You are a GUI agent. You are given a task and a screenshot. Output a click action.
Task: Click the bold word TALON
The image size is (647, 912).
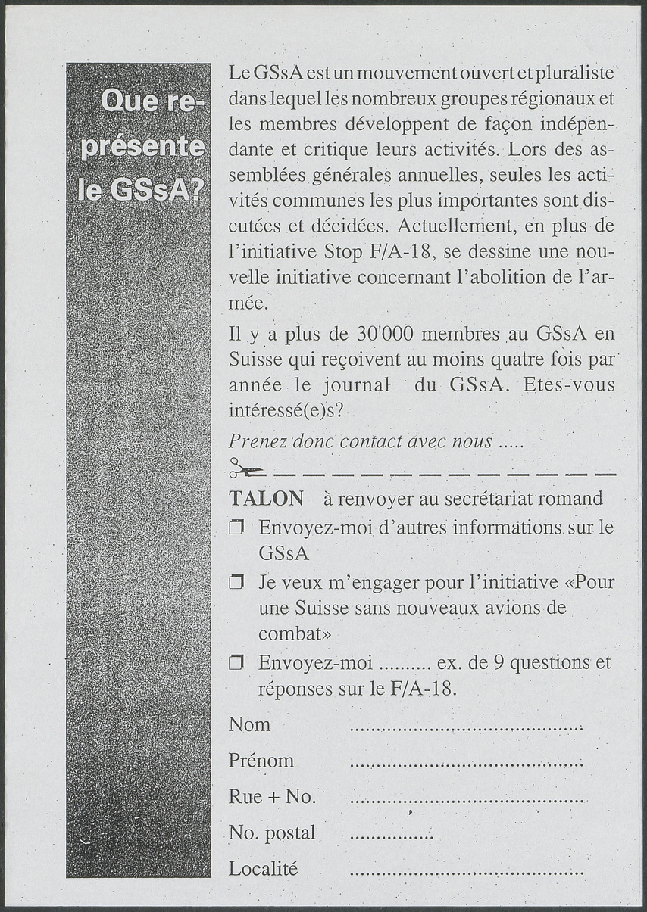[x=266, y=499]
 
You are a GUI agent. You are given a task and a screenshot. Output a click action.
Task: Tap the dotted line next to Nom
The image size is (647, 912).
[x=466, y=728]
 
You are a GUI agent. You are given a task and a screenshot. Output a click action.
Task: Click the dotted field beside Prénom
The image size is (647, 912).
[x=466, y=764]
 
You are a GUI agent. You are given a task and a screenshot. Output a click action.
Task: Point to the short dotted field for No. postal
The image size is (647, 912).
[x=392, y=836]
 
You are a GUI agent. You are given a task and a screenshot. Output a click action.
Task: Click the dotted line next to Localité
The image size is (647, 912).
[x=466, y=872]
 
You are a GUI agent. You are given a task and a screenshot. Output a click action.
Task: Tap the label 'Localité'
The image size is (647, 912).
[x=263, y=869]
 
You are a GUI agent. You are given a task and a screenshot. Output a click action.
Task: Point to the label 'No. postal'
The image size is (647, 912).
[x=272, y=833]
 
